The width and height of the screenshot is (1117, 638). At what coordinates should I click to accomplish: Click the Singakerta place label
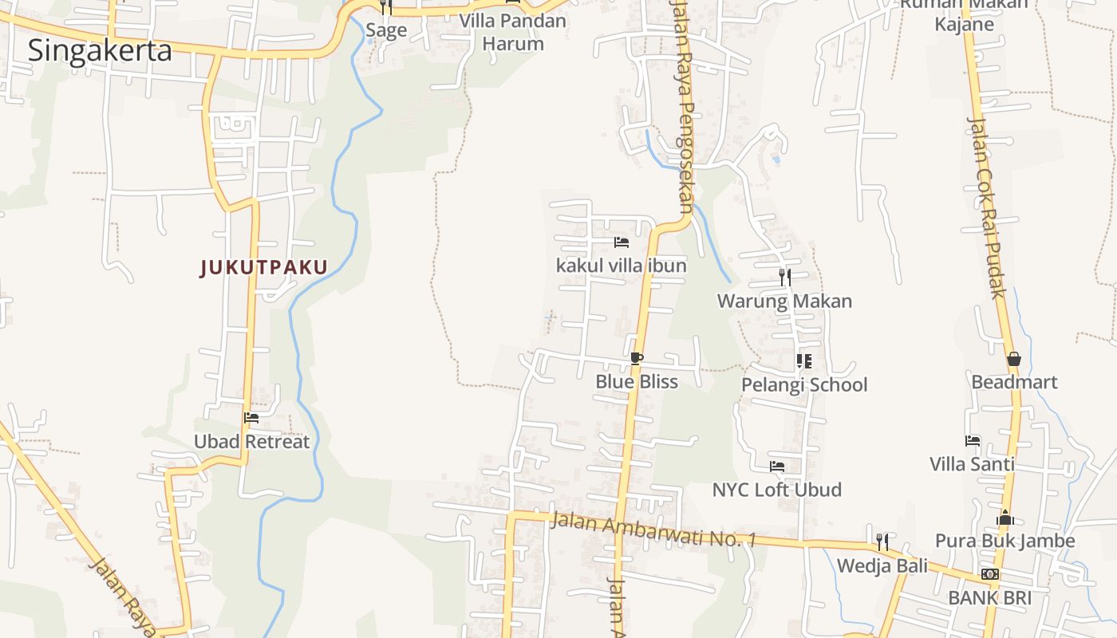pyautogui.click(x=100, y=50)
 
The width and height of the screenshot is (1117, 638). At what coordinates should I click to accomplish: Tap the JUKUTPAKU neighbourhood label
pyautogui.click(x=263, y=267)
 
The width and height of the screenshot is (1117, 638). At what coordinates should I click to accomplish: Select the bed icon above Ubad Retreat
pyautogui.click(x=251, y=417)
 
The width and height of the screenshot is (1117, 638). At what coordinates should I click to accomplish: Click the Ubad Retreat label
pyautogui.click(x=251, y=441)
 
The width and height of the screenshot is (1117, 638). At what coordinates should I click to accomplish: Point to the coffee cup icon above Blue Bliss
pyautogui.click(x=636, y=358)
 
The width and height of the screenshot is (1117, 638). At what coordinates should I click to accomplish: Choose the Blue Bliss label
pyautogui.click(x=637, y=381)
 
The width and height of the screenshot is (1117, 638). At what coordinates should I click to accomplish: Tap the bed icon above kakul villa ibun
pyautogui.click(x=622, y=242)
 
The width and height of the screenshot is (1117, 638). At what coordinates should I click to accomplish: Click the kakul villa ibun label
pyautogui.click(x=622, y=265)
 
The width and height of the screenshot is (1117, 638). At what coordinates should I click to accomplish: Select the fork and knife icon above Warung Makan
pyautogui.click(x=785, y=278)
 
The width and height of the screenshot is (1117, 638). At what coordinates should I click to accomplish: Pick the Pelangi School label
pyautogui.click(x=804, y=384)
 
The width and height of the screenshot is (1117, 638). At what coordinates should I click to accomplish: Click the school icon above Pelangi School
pyautogui.click(x=804, y=361)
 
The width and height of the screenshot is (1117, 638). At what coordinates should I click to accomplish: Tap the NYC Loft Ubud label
pyautogui.click(x=776, y=489)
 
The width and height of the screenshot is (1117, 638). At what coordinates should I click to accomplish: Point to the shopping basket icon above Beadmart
pyautogui.click(x=1013, y=359)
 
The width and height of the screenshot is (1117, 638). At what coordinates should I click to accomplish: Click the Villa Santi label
pyautogui.click(x=972, y=463)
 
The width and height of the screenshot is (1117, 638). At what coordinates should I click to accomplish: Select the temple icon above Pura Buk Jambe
pyautogui.click(x=1005, y=518)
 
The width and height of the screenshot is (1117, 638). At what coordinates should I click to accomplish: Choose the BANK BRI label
pyautogui.click(x=989, y=597)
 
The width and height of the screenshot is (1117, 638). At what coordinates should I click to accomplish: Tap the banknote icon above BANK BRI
pyautogui.click(x=990, y=574)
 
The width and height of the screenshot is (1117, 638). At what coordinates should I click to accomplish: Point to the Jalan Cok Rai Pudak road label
pyautogui.click(x=986, y=207)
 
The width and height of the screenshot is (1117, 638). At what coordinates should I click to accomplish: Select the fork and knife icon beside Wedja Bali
pyautogui.click(x=882, y=542)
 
